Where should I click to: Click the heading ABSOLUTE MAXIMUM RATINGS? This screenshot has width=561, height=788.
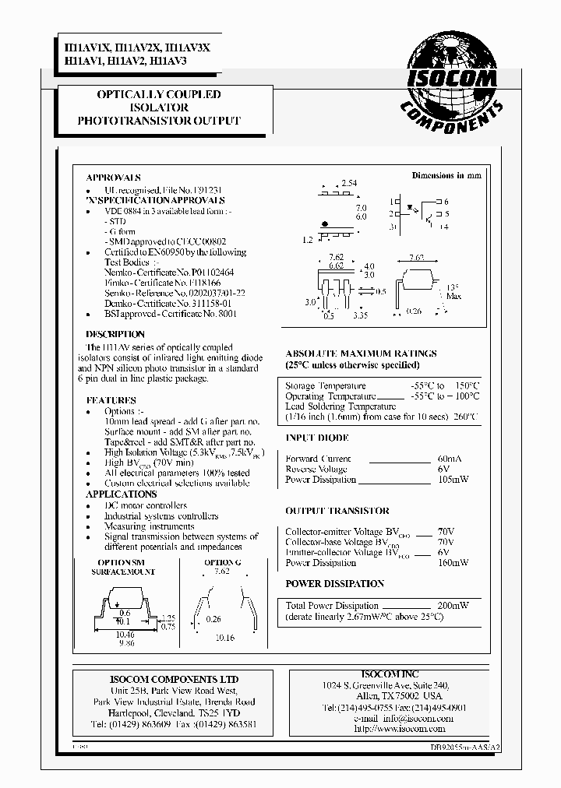point(362,354)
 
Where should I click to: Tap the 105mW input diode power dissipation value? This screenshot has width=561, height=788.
point(453,480)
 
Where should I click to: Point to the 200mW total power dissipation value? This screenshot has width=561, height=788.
point(453,605)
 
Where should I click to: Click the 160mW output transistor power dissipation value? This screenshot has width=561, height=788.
point(453,563)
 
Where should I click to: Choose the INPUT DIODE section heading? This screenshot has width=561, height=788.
point(316,438)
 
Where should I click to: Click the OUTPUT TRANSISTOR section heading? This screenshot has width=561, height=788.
point(337,511)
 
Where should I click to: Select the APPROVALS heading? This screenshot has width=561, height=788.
point(113,178)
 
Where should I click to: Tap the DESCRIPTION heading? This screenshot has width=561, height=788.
point(115,335)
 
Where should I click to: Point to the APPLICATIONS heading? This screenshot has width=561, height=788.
point(121,494)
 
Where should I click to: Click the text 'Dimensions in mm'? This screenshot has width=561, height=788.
point(446,175)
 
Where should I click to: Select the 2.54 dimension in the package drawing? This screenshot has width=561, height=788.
point(348,183)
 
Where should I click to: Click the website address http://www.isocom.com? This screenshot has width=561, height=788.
point(399,729)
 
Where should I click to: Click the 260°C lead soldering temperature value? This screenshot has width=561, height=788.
point(465,417)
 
